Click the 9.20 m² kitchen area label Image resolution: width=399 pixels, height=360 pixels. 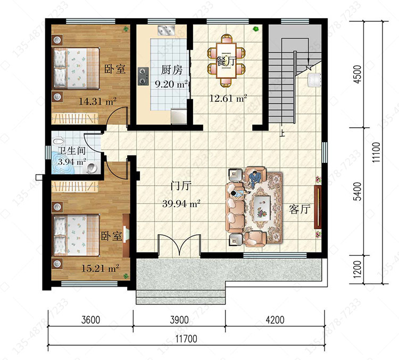click(171, 84)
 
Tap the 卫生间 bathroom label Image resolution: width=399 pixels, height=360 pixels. click(71, 151)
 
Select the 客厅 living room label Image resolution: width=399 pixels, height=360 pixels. click(300, 209)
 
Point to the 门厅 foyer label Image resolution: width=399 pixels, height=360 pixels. click(181, 186)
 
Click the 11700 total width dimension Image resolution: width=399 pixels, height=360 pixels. click(186, 339)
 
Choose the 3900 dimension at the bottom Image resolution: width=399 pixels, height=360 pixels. click(179, 320)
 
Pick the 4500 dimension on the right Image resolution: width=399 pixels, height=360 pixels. click(358, 74)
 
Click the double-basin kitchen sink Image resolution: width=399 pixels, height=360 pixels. click(166, 30)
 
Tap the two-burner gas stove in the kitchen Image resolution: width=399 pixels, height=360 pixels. click(143, 76)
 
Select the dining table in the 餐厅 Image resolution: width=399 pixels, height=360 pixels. click(226, 60)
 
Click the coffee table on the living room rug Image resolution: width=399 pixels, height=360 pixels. click(262, 206)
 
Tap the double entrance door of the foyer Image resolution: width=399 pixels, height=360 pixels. click(179, 245)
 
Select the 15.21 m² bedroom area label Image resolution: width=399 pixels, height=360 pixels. click(100, 268)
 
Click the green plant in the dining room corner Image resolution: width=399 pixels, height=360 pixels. click(256, 29)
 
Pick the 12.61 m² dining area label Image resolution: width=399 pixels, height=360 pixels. click(228, 99)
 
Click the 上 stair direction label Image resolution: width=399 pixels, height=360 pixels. click(282, 133)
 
